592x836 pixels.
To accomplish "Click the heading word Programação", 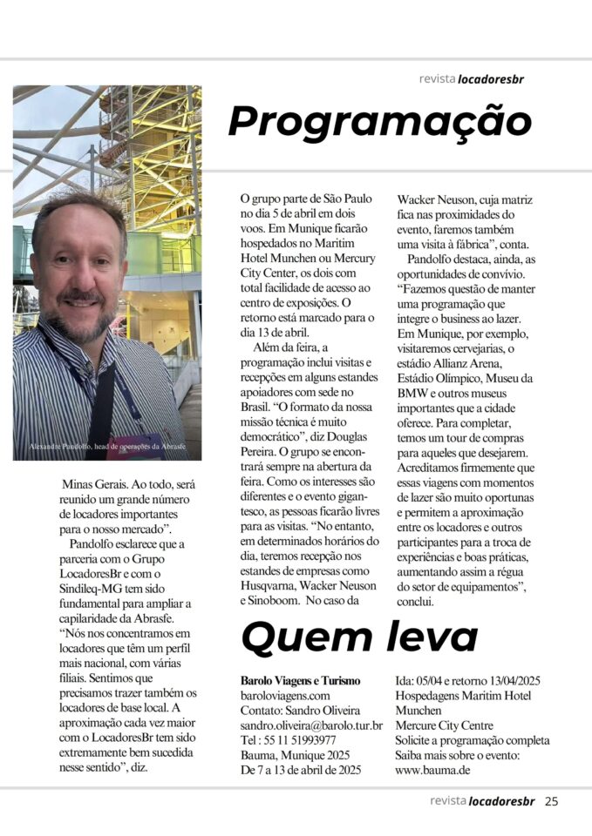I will point(380,122).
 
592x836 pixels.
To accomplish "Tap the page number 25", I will point(551,801).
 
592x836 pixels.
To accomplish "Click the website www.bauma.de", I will point(433,770).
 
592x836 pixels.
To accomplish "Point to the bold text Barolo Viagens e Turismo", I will point(300,681).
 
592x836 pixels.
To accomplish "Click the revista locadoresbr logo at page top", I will point(471,78).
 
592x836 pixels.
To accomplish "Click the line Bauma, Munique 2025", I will point(295,755).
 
